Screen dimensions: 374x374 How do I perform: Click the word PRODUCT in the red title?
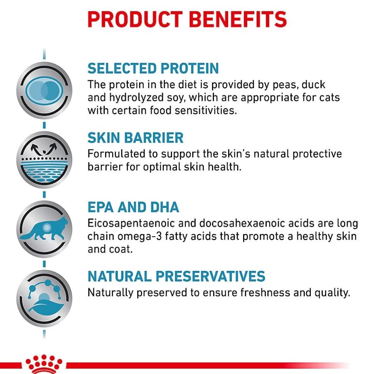135,20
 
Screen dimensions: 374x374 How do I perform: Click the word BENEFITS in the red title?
238,20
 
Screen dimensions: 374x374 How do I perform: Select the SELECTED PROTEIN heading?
153,69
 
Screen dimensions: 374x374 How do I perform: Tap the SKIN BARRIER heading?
135,138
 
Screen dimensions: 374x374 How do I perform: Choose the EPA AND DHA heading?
133,207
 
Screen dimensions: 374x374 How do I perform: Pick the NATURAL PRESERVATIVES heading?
177,276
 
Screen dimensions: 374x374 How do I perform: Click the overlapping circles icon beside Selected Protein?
44,91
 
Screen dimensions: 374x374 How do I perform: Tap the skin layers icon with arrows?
44,160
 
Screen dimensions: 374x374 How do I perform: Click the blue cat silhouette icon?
44,229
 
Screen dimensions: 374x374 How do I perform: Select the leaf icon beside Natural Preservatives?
44,298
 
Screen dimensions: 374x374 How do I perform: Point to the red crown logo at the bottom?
44,364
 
